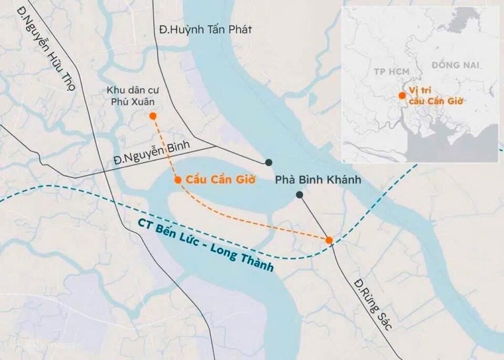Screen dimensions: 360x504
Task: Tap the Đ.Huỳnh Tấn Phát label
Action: (205, 30)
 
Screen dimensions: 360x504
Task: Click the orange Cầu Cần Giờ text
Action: (220, 180)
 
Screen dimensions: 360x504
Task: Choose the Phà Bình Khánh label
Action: (317, 180)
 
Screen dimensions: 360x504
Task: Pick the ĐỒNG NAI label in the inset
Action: (455, 64)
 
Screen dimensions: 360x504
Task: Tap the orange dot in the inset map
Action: (402, 95)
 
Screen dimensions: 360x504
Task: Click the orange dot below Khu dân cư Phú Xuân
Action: (153, 116)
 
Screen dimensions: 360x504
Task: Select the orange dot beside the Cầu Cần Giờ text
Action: (178, 180)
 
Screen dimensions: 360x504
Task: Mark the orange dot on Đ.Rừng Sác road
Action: (329, 240)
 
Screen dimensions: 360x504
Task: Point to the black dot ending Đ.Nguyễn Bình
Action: (268, 162)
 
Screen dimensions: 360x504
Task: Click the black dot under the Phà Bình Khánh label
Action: (299, 195)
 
